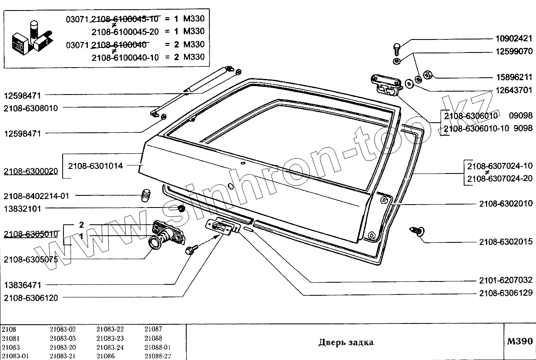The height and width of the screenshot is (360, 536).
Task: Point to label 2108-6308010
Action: [30, 108]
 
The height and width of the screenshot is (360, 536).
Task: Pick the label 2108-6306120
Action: [30, 298]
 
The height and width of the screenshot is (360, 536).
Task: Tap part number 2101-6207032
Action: [506, 280]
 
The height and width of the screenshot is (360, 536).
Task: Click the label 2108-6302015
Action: [506, 242]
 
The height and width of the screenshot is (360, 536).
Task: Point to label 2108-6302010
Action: [506, 204]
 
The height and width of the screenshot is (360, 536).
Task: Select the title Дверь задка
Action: [346, 342]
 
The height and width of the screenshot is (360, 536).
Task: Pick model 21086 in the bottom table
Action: [105, 356]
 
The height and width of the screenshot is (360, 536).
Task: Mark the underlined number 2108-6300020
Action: [30, 172]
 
